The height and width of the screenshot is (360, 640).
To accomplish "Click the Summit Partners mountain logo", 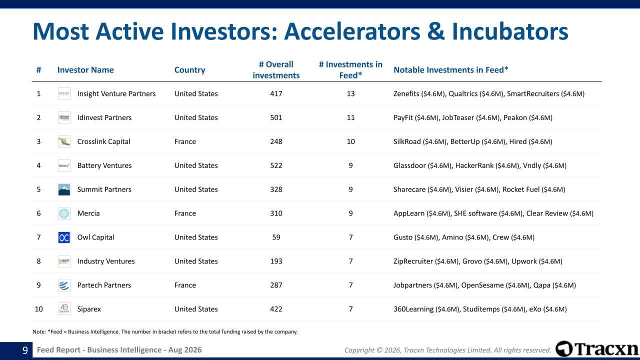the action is (x=64, y=189).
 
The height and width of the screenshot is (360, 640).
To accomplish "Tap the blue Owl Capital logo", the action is (x=64, y=237).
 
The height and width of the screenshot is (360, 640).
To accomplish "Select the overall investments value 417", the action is (x=276, y=93).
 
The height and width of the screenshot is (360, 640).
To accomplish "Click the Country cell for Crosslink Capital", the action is (x=185, y=141).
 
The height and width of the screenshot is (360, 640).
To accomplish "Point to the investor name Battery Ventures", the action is (x=104, y=165).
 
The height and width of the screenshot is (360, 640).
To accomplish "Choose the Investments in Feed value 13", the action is (x=350, y=93).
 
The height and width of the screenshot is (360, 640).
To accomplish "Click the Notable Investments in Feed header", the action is (x=450, y=69).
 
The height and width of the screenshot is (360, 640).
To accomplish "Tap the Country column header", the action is (x=189, y=70).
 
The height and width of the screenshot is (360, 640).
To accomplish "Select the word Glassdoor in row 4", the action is (x=409, y=165).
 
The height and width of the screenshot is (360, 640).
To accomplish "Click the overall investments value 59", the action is (x=276, y=237).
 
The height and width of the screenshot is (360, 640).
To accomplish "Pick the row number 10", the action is (x=38, y=309).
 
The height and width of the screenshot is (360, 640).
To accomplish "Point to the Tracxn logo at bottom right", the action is (x=597, y=349).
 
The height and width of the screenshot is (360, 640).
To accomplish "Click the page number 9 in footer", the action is (x=25, y=350).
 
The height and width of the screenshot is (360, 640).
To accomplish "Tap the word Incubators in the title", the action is (x=510, y=31).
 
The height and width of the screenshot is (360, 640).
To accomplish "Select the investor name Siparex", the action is (x=89, y=309).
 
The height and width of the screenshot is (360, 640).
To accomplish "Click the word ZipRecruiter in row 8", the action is (x=413, y=261).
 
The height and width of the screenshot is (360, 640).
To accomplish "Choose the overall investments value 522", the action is (x=276, y=165).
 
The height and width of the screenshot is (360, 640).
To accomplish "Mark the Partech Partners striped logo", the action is (x=64, y=285).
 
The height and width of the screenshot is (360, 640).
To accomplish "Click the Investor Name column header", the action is (x=85, y=69).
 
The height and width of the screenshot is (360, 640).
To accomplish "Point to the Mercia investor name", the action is (x=88, y=213).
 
